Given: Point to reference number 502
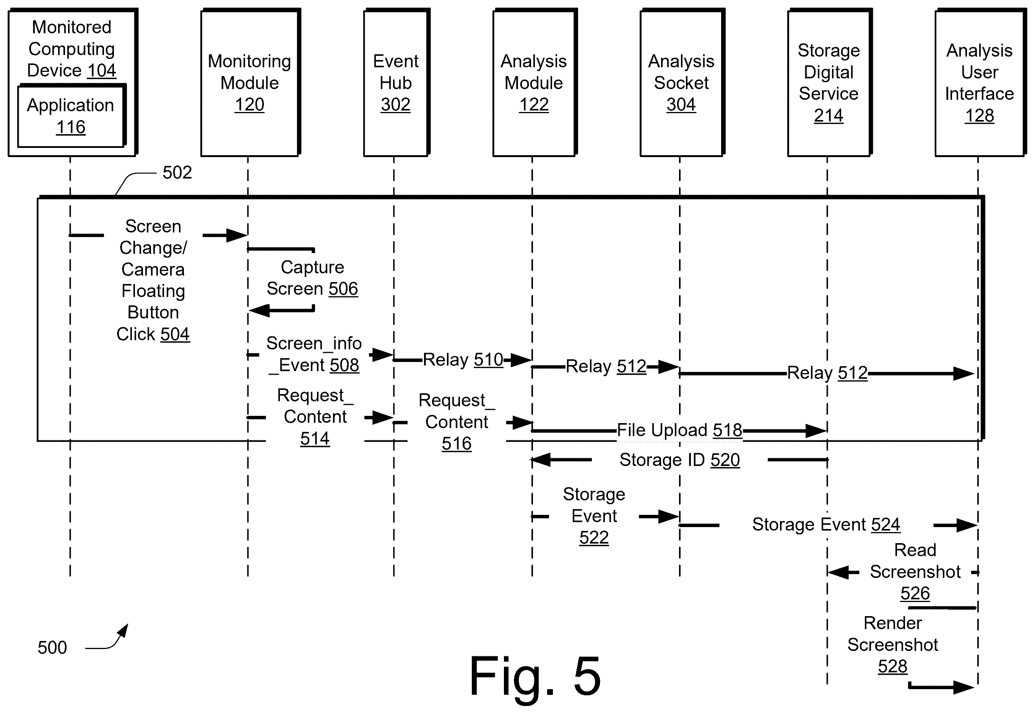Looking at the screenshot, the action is [177, 173].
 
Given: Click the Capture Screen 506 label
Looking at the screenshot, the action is [312, 278].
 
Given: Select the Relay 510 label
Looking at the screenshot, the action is [463, 360].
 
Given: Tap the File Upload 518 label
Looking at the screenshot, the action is [680, 430].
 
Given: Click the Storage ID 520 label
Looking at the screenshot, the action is [680, 460].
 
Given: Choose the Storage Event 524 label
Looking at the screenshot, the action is [826, 524].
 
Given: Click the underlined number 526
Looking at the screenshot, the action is [915, 594].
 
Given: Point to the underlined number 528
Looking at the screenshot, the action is [892, 667].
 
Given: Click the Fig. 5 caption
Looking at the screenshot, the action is [535, 676].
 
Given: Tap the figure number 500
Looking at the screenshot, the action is [52, 648].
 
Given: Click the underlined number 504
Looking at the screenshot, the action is [175, 334].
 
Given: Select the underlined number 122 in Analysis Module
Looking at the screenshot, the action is [534, 105].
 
